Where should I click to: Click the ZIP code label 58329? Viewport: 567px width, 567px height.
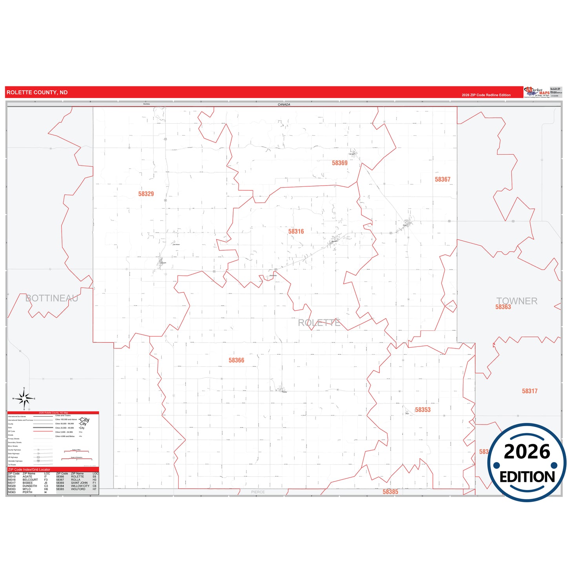pyautogui.click(x=146, y=194)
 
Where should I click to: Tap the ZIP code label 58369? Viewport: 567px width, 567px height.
pyautogui.click(x=339, y=163)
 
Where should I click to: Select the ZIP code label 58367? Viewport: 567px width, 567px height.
pyautogui.click(x=442, y=180)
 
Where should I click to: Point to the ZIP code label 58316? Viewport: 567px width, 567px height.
pyautogui.click(x=296, y=232)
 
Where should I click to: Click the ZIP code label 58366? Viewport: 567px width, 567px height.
pyautogui.click(x=236, y=360)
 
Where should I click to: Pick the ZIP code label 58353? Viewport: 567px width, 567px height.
pyautogui.click(x=423, y=410)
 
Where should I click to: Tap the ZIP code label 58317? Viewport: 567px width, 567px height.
pyautogui.click(x=529, y=391)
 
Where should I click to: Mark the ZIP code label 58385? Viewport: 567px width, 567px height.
pyautogui.click(x=390, y=492)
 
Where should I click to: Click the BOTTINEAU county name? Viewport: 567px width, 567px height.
pyautogui.click(x=52, y=298)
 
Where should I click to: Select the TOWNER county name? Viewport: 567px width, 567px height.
pyautogui.click(x=516, y=301)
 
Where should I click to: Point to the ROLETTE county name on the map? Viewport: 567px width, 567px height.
pyautogui.click(x=319, y=323)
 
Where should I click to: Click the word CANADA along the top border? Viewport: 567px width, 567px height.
pyautogui.click(x=284, y=105)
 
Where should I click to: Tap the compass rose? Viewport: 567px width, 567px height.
pyautogui.click(x=24, y=399)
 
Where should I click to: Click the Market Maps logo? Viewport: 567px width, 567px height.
pyautogui.click(x=537, y=92)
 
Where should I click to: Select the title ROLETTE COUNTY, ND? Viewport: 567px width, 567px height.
pyautogui.click(x=37, y=93)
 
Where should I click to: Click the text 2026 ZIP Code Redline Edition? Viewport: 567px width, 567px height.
pyautogui.click(x=486, y=95)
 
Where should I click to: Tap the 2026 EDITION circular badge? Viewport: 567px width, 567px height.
pyautogui.click(x=527, y=463)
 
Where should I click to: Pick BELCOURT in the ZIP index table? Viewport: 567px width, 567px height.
pyautogui.click(x=30, y=480)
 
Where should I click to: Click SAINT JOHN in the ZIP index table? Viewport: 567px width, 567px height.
pyautogui.click(x=79, y=483)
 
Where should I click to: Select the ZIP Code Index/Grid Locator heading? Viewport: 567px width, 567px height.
pyautogui.click(x=29, y=470)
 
